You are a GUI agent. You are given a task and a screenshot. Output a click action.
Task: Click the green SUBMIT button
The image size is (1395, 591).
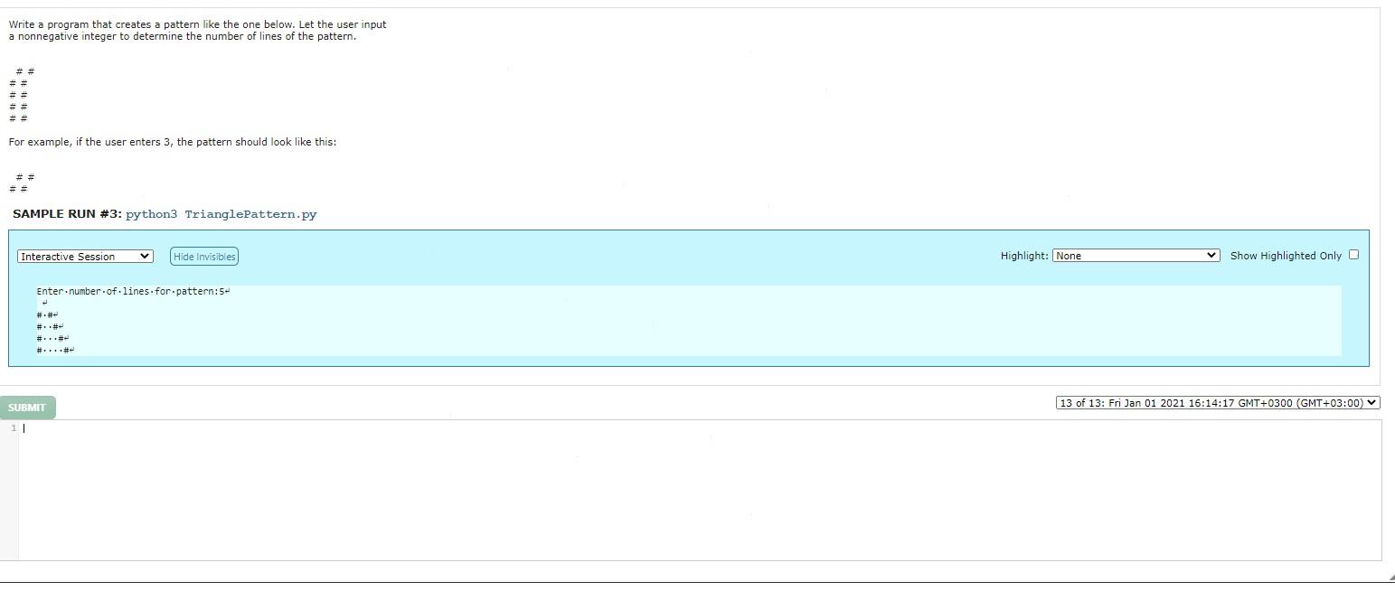click(27, 408)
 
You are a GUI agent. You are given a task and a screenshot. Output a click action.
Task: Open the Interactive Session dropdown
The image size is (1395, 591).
click(85, 257)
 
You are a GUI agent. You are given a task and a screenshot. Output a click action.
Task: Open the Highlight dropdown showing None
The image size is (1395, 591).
click(1136, 256)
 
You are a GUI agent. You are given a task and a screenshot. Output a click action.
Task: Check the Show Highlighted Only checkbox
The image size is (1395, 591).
click(1353, 255)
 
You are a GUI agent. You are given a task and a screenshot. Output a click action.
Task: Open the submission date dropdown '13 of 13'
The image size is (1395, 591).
click(1217, 403)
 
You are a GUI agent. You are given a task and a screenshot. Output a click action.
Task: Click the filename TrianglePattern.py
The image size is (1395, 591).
click(250, 214)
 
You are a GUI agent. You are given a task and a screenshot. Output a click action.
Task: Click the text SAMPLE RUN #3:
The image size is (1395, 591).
click(67, 214)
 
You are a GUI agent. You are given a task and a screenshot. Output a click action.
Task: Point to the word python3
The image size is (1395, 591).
click(151, 214)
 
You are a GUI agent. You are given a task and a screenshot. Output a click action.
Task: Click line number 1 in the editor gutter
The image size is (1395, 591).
click(14, 428)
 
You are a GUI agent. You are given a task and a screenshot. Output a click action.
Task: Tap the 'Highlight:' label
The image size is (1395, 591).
click(1023, 256)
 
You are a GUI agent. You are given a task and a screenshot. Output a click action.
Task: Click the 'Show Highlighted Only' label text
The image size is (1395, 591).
click(1285, 256)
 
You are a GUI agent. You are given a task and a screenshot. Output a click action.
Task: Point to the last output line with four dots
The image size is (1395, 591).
click(54, 351)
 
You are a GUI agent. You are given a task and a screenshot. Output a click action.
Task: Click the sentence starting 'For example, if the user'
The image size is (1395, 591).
click(172, 142)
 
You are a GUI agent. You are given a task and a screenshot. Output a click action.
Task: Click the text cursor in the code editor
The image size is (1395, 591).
click(24, 428)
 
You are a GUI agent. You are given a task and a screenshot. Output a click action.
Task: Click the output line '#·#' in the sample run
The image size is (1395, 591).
click(46, 315)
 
